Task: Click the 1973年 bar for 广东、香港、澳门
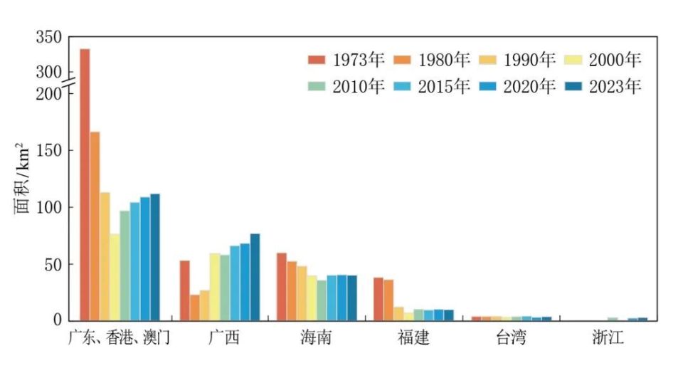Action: (85, 185)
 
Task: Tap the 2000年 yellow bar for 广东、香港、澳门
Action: (115, 277)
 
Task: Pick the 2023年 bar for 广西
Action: (255, 277)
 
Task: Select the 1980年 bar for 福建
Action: (388, 300)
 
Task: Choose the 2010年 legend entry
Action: (346, 86)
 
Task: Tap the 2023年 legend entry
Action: (605, 86)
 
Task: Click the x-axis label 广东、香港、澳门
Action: (119, 337)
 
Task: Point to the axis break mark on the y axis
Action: (70, 85)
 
